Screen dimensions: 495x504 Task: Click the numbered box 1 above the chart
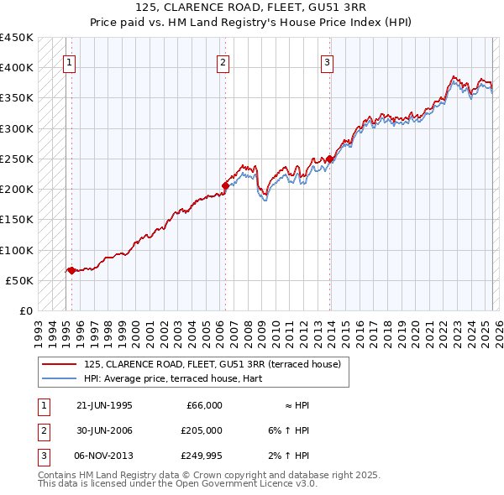(68, 61)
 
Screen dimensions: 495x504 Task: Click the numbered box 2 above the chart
(223, 61)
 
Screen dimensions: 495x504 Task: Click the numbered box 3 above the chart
(326, 61)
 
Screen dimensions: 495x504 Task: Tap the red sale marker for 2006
(225, 185)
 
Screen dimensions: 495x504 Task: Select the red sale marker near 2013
(330, 159)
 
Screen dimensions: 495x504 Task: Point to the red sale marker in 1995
(71, 270)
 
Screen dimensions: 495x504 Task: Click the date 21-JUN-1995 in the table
(104, 405)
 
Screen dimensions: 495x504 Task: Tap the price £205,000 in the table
(201, 430)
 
